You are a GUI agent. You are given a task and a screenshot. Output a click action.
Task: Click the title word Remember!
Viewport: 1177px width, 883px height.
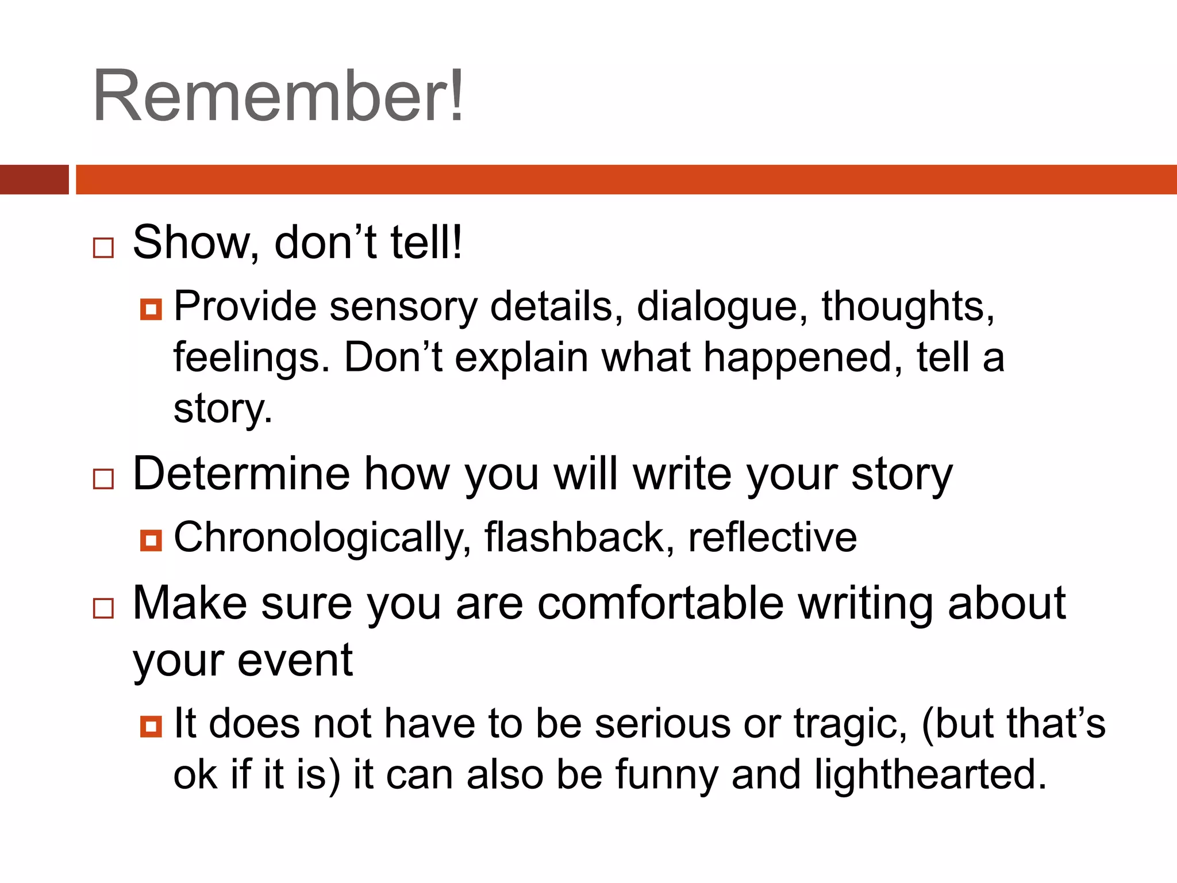pos(278,95)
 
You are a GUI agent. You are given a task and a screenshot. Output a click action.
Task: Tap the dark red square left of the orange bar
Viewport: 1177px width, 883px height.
pos(34,179)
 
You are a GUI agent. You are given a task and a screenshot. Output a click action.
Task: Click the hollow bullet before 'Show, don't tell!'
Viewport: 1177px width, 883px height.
pos(103,248)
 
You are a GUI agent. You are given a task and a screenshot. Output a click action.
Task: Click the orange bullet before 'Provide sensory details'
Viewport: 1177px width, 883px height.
pos(151,309)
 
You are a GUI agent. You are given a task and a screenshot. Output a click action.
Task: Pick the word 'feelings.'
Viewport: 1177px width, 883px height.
pos(252,358)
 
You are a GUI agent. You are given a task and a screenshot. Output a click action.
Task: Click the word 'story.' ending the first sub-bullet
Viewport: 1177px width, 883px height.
pos(223,409)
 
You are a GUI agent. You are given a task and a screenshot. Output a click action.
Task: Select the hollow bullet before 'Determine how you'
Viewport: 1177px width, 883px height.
pos(103,479)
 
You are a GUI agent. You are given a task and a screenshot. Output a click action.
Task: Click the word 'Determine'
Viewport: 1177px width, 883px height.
pos(241,474)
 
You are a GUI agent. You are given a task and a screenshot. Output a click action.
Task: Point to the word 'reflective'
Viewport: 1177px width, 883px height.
pos(772,538)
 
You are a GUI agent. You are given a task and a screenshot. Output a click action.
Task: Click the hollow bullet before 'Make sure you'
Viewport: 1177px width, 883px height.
pos(103,608)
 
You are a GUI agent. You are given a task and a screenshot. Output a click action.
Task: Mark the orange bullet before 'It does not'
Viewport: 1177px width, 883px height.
pos(151,727)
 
